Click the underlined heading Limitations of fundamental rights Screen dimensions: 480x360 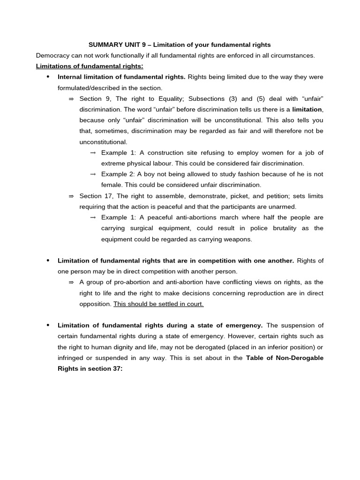click(x=90, y=67)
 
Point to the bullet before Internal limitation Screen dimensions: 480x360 click(x=48, y=77)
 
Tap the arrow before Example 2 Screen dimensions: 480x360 click(x=92, y=174)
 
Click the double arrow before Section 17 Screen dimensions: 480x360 click(x=71, y=196)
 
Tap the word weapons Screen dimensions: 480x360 click(x=238, y=239)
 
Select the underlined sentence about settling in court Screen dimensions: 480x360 click(x=158, y=304)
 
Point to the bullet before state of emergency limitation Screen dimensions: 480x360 click(x=48, y=325)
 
